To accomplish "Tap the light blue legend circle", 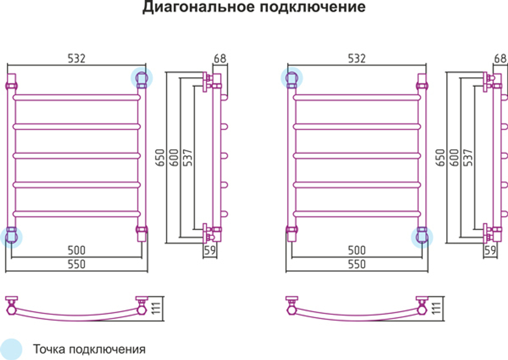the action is (x=11, y=349).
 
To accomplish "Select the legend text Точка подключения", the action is (x=89, y=349).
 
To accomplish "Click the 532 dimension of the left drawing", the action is (x=77, y=58).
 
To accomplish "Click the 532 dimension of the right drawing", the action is (x=357, y=58).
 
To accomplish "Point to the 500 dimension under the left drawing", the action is (x=76, y=250).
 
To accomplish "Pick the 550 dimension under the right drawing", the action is (x=357, y=264).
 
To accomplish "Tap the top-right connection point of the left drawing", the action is (x=142, y=78).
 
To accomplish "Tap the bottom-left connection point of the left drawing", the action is (x=11, y=236).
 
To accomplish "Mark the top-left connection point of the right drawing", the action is (x=292, y=78).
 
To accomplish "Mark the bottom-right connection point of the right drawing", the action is (x=422, y=236).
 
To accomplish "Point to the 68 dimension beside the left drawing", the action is (x=220, y=58).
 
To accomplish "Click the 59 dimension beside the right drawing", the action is (x=490, y=250).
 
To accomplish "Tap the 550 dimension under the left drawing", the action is (x=76, y=264).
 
